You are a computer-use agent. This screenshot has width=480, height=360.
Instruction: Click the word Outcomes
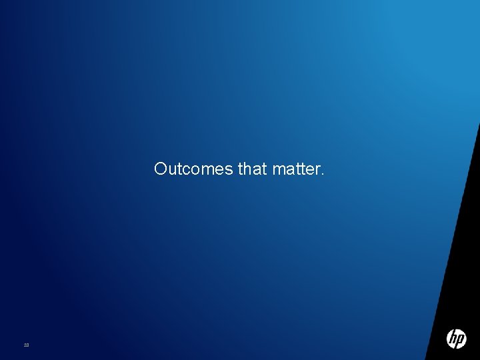pyautogui.click(x=193, y=169)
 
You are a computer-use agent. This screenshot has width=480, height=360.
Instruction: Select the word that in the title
pyautogui.click(x=252, y=169)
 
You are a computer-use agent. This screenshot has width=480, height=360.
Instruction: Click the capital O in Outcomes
pyautogui.click(x=160, y=169)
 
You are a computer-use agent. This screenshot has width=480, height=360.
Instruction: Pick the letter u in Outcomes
pyautogui.click(x=172, y=171)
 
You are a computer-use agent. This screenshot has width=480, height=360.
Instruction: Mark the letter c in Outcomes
pyautogui.click(x=185, y=171)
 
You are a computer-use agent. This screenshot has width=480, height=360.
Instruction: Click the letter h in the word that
pyautogui.click(x=248, y=169)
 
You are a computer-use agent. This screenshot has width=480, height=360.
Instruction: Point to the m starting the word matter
pyautogui.click(x=278, y=171)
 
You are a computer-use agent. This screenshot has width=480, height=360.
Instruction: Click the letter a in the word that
pyautogui.click(x=257, y=171)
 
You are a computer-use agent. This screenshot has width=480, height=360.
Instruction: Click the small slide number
pyautogui.click(x=26, y=345)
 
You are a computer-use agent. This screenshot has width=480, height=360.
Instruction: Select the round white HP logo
pyautogui.click(x=456, y=339)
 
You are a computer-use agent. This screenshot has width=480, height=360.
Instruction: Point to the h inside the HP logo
pyautogui.click(x=453, y=337)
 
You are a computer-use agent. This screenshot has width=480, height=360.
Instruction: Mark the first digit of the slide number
pyautogui.click(x=25, y=345)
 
